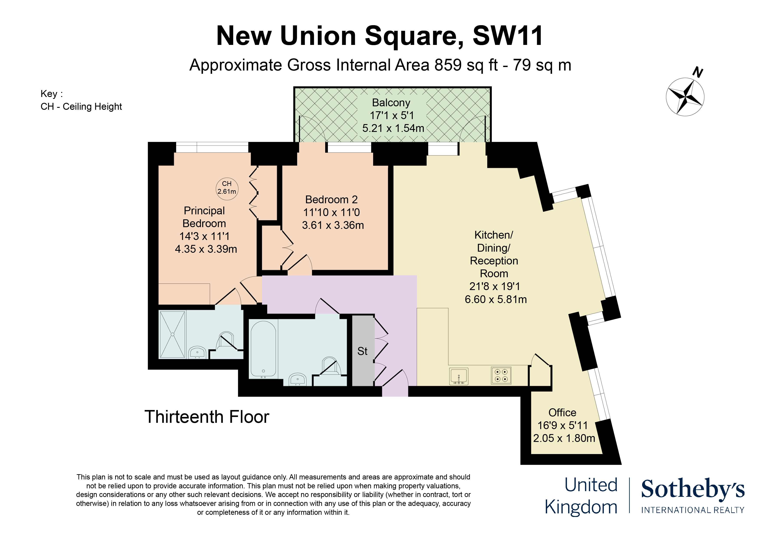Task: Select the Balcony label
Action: [391, 103]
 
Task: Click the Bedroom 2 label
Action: [331, 200]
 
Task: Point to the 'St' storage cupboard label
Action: [362, 351]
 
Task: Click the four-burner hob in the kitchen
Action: [501, 376]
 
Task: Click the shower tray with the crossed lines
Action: [172, 335]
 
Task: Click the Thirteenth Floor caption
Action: [207, 417]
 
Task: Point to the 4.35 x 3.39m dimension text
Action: [206, 249]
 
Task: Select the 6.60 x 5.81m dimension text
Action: [495, 299]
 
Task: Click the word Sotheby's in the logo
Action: [693, 489]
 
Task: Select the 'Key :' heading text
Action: [52, 94]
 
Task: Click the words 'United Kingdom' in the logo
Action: [581, 496]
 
